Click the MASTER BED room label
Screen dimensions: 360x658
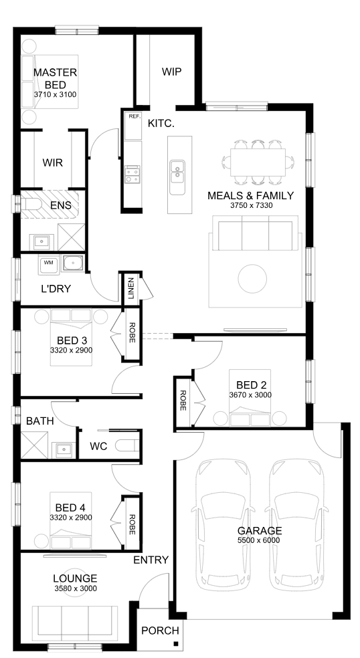click(55, 79)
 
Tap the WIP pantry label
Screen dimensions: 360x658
click(172, 72)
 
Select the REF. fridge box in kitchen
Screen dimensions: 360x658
click(133, 126)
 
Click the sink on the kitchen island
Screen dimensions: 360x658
click(177, 172)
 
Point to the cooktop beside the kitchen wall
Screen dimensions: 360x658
click(132, 175)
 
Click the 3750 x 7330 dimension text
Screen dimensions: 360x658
click(251, 206)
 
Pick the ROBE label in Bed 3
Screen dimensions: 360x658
click(131, 333)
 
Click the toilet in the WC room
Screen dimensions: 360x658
click(127, 445)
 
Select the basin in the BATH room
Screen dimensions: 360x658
click(63, 450)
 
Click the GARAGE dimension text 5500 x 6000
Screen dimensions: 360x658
click(259, 540)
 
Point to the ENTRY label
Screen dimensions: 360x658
click(151, 560)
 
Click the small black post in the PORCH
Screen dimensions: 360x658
click(176, 644)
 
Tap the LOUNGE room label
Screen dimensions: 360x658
click(75, 579)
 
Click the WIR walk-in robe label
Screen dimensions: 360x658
click(52, 162)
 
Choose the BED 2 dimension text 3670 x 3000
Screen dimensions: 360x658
click(250, 395)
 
